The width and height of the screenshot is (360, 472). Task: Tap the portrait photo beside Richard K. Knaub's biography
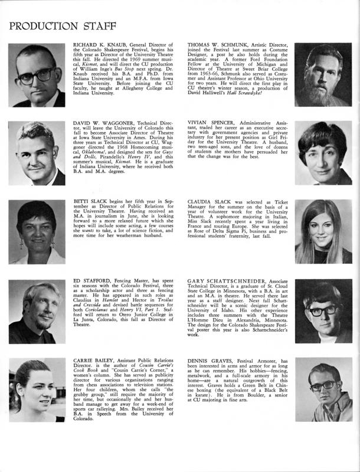pos(37,74)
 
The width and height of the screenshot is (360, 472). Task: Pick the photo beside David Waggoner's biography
pos(37,153)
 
